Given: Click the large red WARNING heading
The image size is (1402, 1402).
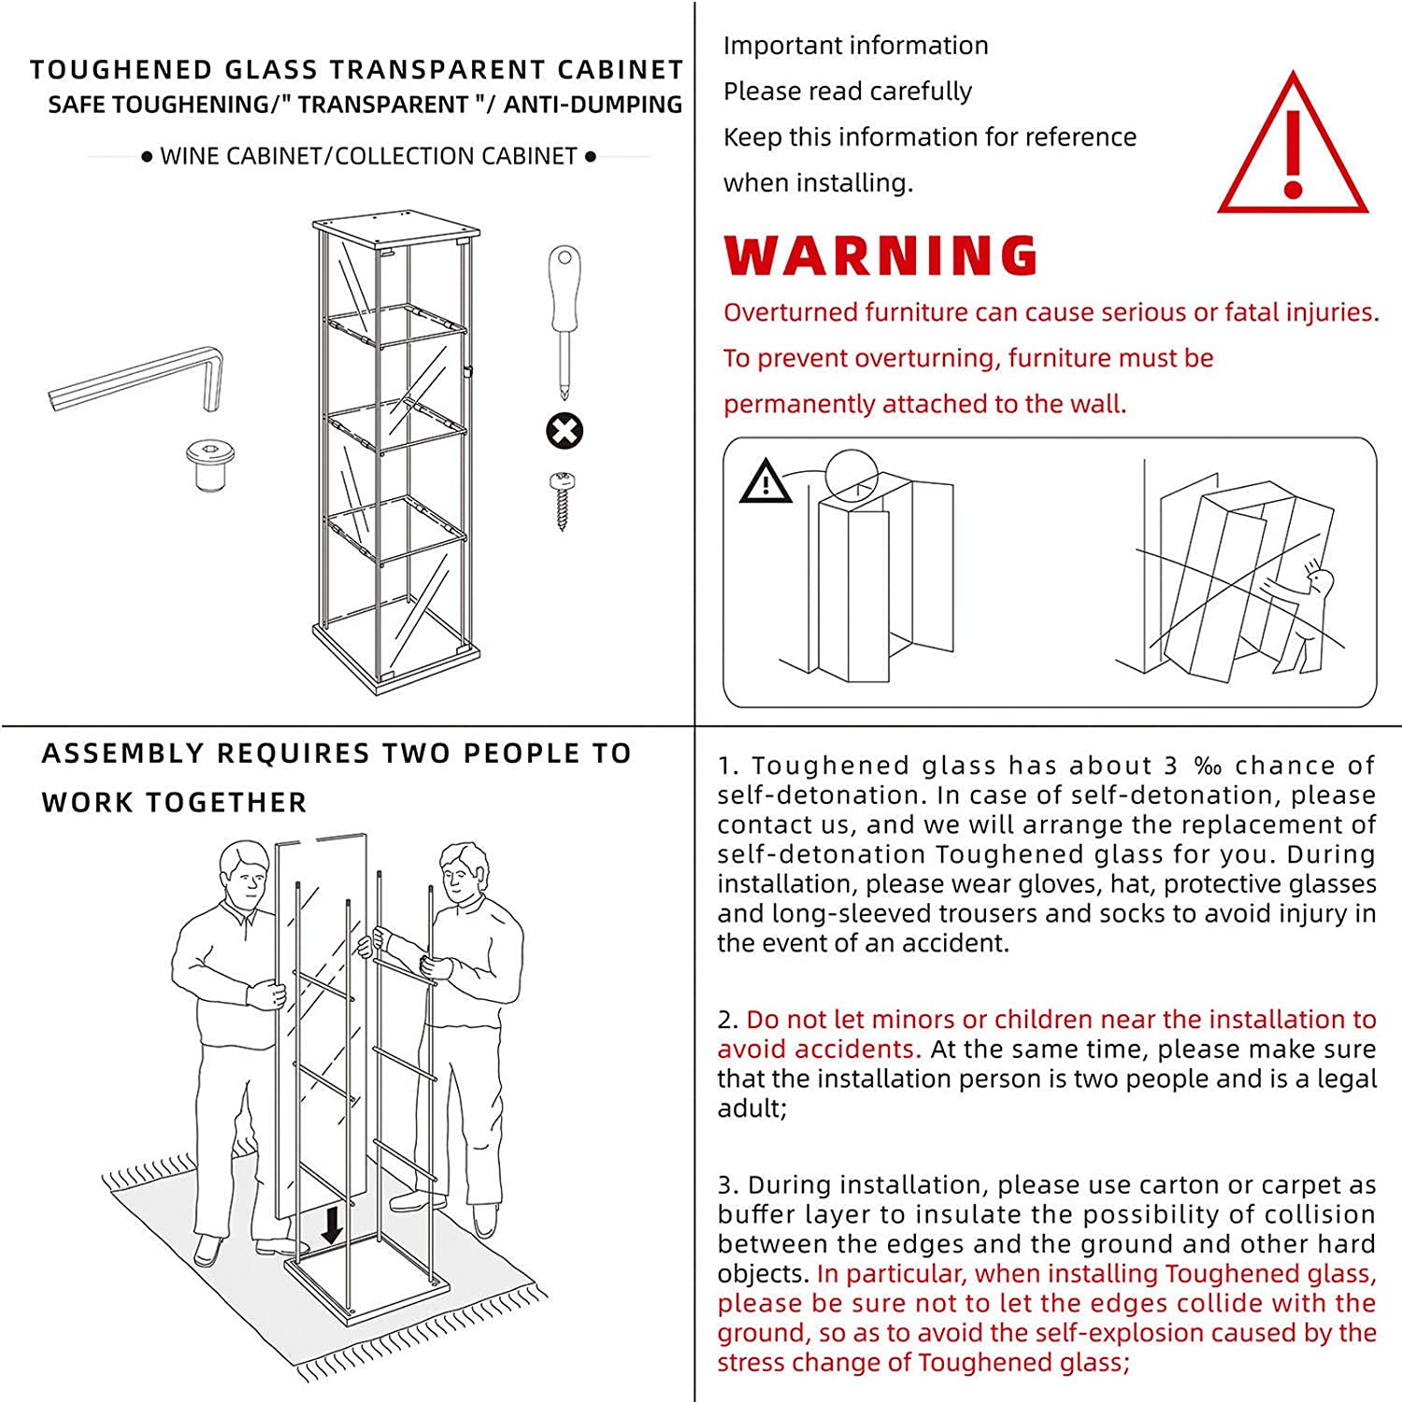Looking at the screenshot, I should coord(880,256).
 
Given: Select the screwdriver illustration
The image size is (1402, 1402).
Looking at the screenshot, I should coord(565,318).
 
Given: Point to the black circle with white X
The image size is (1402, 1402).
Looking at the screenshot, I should coord(565,431).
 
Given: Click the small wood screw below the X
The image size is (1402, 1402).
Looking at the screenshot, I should coord(563,500).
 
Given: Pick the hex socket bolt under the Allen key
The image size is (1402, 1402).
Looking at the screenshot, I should coord(209,465).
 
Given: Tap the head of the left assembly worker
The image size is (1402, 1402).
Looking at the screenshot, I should coord(245,874).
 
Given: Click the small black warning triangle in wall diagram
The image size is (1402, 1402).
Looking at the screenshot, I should coord(765,483).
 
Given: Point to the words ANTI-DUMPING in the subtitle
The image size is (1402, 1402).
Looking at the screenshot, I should coord(593,105).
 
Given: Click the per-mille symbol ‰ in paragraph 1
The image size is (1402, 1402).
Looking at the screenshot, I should coord(1208,766).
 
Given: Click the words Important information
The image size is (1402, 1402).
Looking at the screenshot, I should coord(855,46).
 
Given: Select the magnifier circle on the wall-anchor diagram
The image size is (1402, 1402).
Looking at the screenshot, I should coord(852,475).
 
